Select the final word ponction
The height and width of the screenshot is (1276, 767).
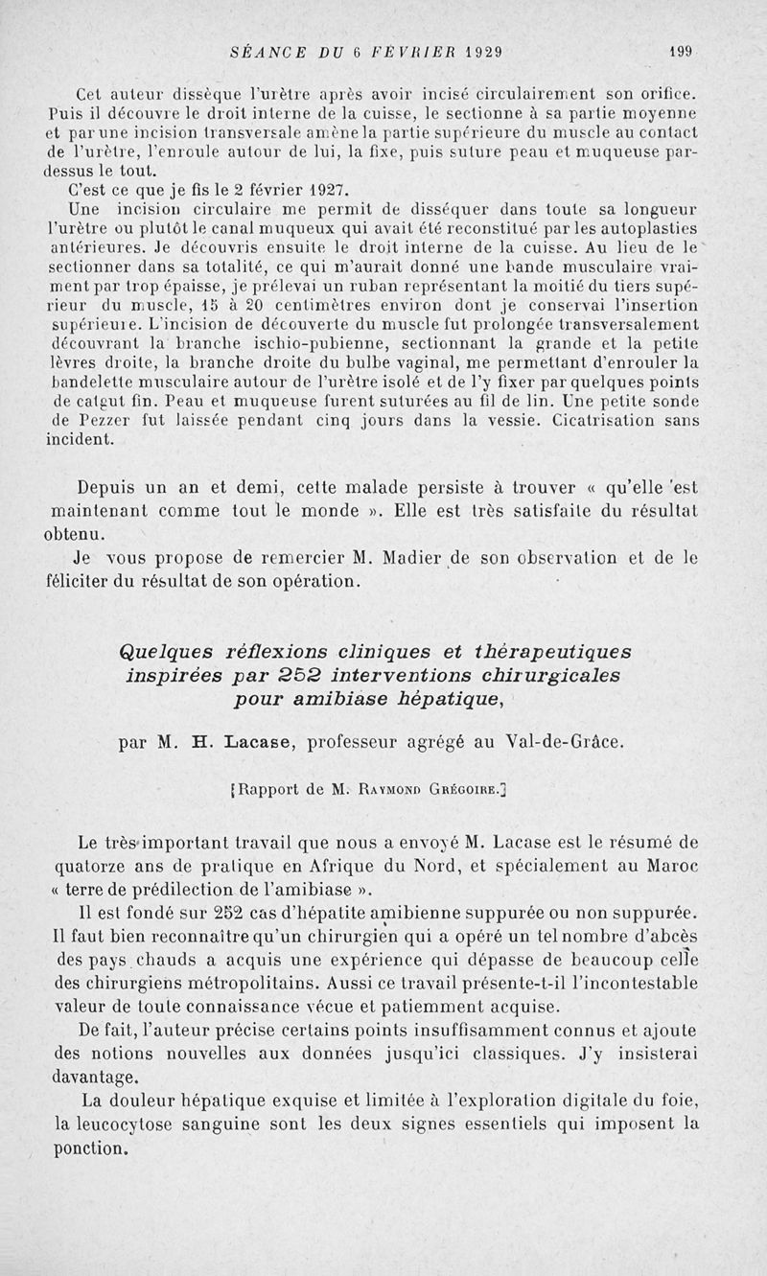[91, 1146]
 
